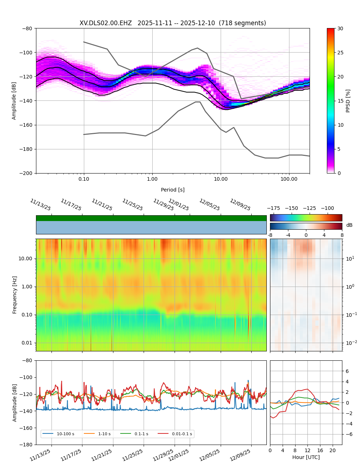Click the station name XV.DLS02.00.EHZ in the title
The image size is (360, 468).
point(105,23)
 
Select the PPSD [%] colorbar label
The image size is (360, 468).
point(348,101)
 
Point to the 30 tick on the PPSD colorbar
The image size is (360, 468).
point(340,28)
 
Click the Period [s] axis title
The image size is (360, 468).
point(173,190)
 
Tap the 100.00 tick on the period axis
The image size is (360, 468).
point(289,179)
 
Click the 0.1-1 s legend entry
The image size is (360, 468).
point(141,434)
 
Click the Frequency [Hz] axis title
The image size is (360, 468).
point(15,295)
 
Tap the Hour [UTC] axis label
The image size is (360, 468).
point(306,457)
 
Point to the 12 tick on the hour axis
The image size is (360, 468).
point(307,450)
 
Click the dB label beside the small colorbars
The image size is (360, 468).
point(349,225)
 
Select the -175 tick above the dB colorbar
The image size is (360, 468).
point(274,208)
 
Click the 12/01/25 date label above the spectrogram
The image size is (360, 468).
point(179,205)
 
